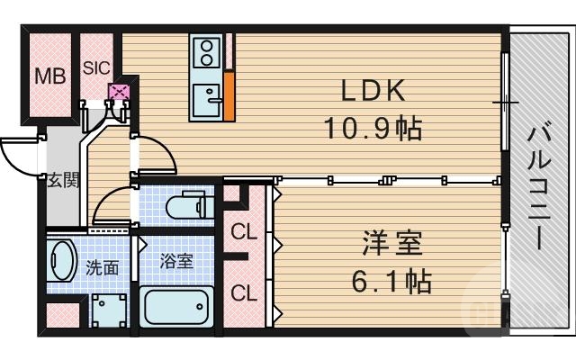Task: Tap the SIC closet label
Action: [96, 67]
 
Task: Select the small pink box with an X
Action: [118, 91]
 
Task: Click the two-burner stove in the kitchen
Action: [206, 50]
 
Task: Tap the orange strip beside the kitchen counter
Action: [229, 96]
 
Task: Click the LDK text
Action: [373, 91]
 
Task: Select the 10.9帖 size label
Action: [374, 129]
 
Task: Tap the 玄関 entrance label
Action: [64, 179]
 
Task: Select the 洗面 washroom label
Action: [102, 267]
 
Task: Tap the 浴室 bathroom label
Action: [176, 262]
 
